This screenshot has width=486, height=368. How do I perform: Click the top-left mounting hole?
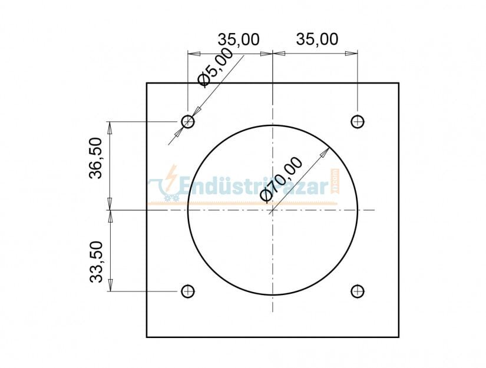(188, 121)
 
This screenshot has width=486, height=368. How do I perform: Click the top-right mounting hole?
(357, 121)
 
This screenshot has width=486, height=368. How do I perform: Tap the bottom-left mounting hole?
(188, 291)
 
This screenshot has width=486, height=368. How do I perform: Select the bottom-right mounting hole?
(357, 291)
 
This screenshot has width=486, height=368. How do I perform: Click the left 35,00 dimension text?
(239, 39)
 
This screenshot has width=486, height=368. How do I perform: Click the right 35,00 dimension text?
(317, 39)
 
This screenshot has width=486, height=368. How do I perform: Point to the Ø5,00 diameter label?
(216, 68)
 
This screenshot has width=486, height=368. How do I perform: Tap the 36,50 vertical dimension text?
(97, 157)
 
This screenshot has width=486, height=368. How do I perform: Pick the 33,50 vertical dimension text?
(97, 261)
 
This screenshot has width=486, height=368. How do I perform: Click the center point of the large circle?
(273, 210)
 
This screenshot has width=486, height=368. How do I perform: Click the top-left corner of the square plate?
(147, 83)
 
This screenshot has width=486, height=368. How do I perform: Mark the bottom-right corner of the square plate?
(399, 337)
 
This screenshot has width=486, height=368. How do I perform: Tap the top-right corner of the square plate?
(399, 83)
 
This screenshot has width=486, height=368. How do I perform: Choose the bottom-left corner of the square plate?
(147, 337)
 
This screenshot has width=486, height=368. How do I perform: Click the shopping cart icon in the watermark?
(160, 190)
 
